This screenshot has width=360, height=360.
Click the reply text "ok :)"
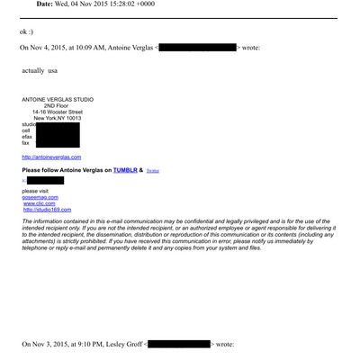(29, 32)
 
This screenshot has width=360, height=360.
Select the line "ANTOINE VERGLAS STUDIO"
(58, 99)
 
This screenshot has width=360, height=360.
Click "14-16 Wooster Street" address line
(58, 112)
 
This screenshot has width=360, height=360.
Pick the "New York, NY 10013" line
(58, 118)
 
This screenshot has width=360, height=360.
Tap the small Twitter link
(153, 170)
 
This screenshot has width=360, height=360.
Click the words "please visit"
(36, 191)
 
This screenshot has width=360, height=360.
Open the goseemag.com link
(40, 197)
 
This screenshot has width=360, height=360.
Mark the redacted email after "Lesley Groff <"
(178, 344)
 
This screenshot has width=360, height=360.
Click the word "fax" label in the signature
(26, 143)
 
